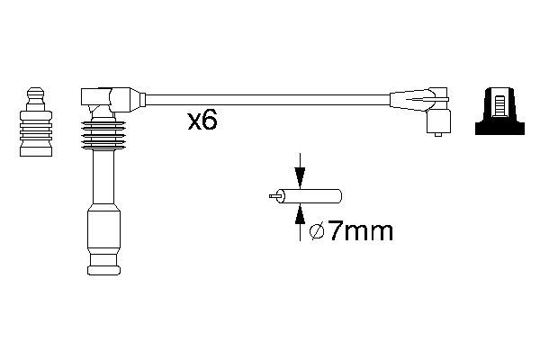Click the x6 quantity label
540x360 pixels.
coord(202,121)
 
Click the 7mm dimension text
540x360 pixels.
coord(360,231)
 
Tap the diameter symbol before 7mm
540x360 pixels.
coord(317,231)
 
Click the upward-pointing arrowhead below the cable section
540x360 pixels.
coord(301,214)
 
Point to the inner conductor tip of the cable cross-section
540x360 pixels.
coord(275,196)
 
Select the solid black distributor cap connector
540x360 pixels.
coord(499,111)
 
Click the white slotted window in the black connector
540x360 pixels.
coord(499,107)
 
